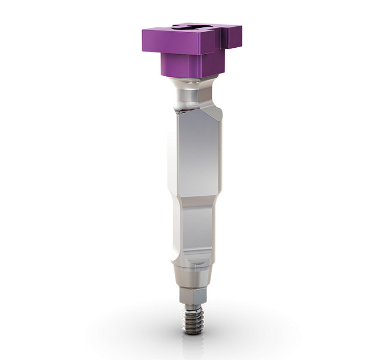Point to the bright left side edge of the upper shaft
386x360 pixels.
point(172,156)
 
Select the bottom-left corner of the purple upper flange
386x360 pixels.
point(144,51)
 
